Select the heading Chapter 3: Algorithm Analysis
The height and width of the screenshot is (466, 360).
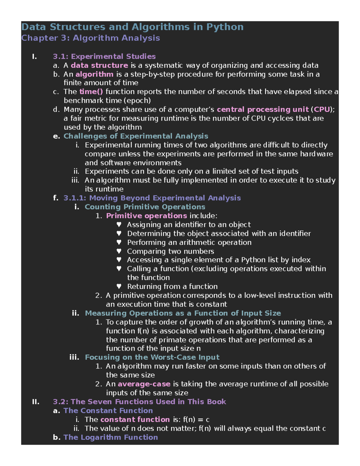91,38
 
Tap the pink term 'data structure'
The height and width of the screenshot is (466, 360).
99,65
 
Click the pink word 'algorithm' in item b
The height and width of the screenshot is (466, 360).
94,74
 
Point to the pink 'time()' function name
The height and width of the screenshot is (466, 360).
91,92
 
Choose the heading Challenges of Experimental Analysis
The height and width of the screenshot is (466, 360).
136,136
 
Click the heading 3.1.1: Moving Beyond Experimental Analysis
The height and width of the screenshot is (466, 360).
152,198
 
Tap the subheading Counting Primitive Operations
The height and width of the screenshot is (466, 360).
145,207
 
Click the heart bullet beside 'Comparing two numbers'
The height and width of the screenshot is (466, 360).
119,251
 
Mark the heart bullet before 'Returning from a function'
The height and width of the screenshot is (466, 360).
119,286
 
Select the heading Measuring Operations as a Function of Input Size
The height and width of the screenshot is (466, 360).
183,313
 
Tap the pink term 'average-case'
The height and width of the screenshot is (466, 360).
144,384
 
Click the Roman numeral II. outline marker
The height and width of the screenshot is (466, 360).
36,402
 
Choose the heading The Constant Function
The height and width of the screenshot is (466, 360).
108,411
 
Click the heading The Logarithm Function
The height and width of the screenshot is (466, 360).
110,437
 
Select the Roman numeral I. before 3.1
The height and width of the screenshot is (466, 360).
34,56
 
